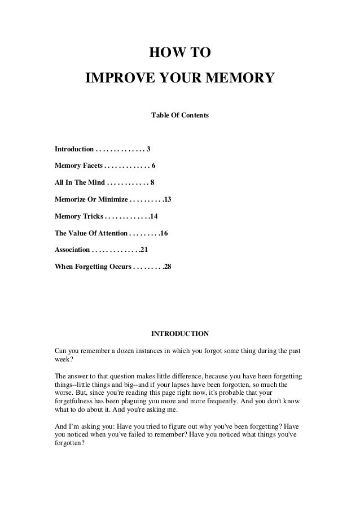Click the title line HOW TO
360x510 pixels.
[179, 54]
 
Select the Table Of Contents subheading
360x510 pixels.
[180, 115]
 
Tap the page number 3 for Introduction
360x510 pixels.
[148, 150]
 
